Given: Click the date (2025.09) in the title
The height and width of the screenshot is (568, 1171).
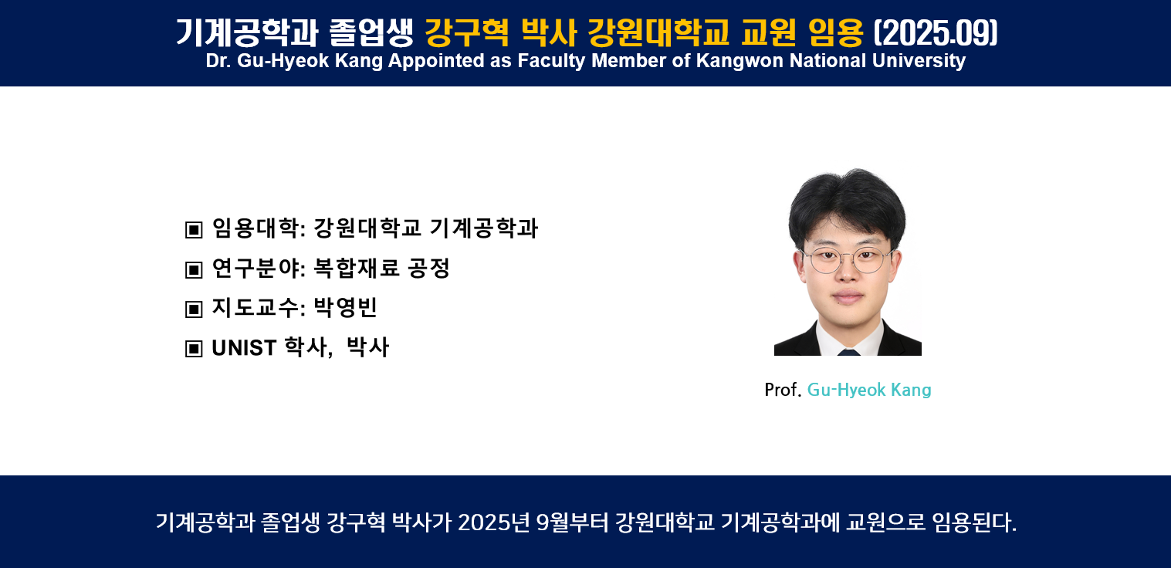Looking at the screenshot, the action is pos(936,33).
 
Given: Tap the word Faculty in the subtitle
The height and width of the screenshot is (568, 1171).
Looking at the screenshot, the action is pos(551,61).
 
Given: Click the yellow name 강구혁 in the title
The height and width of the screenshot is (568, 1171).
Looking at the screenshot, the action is pos(466,33).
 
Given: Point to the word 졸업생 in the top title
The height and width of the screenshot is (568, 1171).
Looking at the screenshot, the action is pos(371,33).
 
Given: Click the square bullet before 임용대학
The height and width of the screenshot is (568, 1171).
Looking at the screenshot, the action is pos(194,229).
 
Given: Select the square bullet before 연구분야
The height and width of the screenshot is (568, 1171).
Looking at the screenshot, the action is pos(194,269).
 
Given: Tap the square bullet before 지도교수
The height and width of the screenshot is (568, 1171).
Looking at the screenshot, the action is pos(194,309).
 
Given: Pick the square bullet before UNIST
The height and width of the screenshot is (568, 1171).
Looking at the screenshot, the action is pos(194,349).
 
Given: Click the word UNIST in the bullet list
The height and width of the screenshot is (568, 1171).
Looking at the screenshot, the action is pos(244,348).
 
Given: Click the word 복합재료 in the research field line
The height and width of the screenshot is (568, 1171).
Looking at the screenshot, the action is pos(356,268).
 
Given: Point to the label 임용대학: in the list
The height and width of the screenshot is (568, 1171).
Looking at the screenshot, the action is pos(259,228).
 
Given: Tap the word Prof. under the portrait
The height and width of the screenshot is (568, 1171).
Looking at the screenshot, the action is pos(783,390).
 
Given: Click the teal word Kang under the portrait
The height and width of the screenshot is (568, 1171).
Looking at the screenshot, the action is pos(911,390).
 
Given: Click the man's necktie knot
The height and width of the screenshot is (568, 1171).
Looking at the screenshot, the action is pos(848,353).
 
